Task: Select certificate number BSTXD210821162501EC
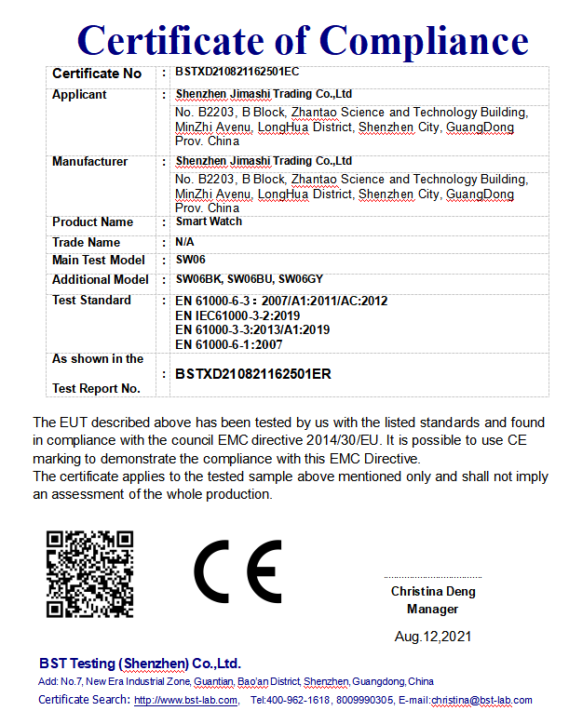pos(237,72)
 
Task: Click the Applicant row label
pos(79,95)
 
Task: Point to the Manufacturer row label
pos(89,162)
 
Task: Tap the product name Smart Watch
pos(209,221)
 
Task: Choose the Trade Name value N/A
pos(185,242)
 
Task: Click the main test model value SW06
pos(190,261)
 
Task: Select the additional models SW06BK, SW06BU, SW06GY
pos(249,279)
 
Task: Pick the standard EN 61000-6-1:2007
pos(229,344)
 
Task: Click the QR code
pos(89,573)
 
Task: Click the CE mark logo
pos(237,571)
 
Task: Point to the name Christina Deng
pos(433,592)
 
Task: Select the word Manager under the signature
pos(433,610)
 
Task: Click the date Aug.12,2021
pos(433,637)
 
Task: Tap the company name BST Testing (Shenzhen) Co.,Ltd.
pos(140,664)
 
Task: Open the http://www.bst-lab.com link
pos(182,700)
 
